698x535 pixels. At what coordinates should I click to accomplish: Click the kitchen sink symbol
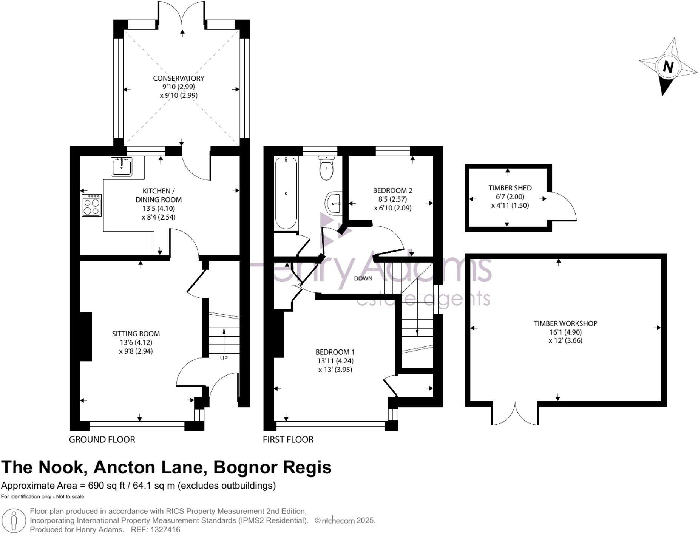121,167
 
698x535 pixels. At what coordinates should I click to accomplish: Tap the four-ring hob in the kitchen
91,206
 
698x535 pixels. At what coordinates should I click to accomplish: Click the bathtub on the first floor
286,193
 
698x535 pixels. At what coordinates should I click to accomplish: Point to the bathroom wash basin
334,203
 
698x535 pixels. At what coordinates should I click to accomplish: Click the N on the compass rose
668,67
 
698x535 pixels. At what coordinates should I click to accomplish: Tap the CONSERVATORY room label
178,78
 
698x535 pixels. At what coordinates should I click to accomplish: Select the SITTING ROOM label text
136,334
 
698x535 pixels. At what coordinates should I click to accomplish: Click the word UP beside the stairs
224,358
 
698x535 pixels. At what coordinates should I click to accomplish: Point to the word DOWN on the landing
363,278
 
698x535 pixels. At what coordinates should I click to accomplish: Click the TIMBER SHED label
510,188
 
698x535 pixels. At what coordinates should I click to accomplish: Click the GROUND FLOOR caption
102,439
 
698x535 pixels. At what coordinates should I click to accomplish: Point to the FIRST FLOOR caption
288,439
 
